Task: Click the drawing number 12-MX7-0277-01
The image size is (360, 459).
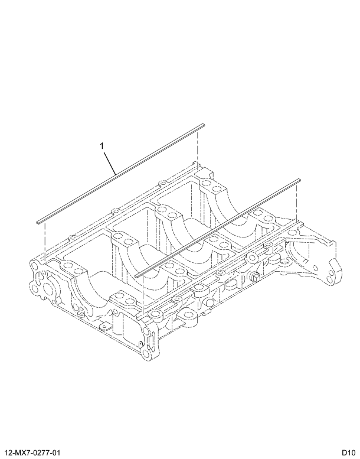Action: (34, 452)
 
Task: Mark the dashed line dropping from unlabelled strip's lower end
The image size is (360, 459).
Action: (142, 295)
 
